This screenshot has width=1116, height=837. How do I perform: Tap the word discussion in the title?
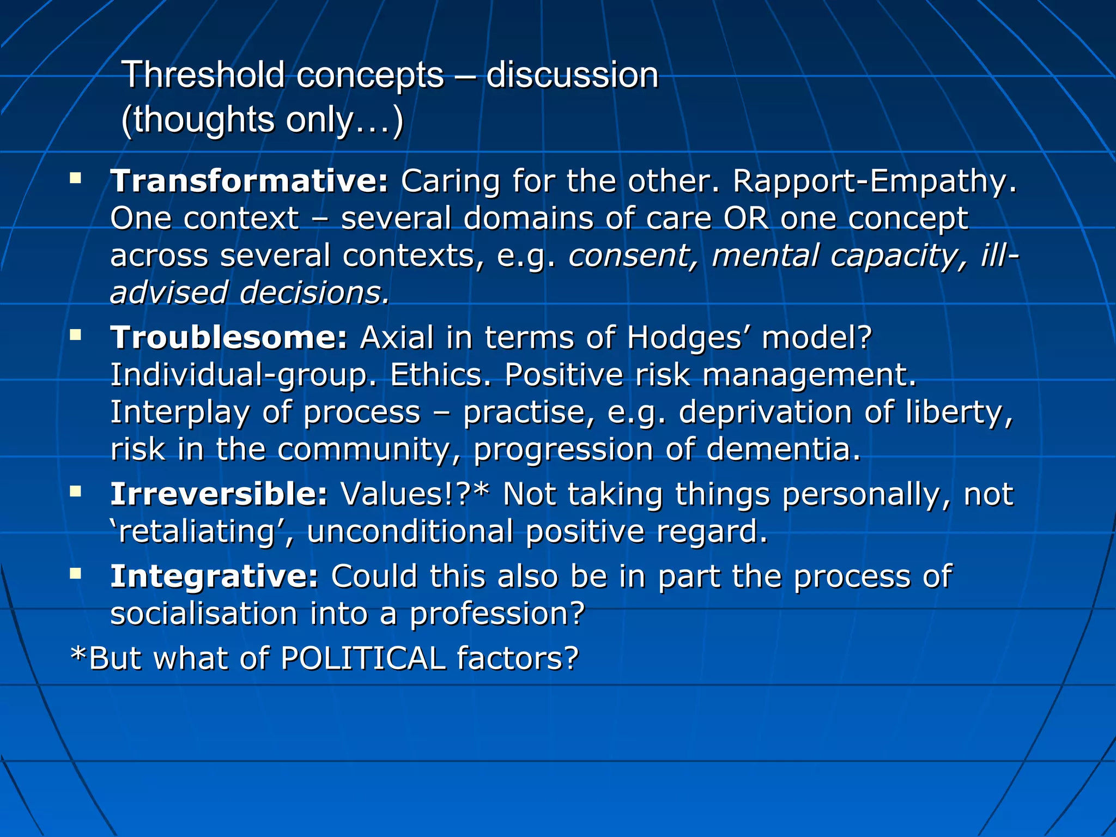pos(572,75)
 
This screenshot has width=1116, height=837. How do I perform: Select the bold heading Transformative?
pos(249,181)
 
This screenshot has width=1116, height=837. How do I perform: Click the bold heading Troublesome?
pos(229,337)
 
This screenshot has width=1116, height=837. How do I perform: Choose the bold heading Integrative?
pos(214,576)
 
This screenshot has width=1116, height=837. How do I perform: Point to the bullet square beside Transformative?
pos(76,178)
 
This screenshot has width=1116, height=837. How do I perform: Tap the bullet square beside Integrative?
pos(76,573)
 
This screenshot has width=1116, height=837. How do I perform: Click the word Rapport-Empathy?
pos(874,181)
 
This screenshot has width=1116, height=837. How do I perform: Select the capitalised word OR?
pos(746,219)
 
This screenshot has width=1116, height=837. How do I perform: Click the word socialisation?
pos(204,614)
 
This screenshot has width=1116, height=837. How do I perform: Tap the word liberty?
pos(959,413)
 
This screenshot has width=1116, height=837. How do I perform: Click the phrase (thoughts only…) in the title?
pos(262,120)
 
